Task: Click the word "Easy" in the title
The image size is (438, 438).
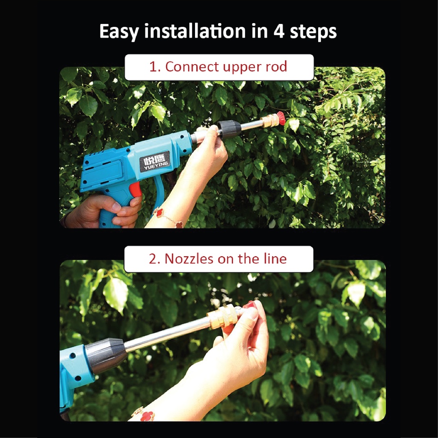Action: pos(119,32)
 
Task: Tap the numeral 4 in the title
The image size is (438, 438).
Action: pos(279,31)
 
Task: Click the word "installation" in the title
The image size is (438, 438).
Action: pos(195,31)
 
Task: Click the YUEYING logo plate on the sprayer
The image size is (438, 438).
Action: pos(155,161)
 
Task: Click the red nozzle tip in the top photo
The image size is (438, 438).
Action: pos(281,118)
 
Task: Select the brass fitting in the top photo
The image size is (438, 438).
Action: pos(269,121)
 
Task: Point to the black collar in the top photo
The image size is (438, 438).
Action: pos(229,129)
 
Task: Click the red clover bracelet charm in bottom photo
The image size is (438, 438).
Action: pos(147,416)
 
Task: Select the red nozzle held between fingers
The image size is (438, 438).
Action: pos(249,304)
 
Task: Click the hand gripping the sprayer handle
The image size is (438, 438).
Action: pos(104,211)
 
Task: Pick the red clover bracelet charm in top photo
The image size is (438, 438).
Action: pos(159,213)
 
